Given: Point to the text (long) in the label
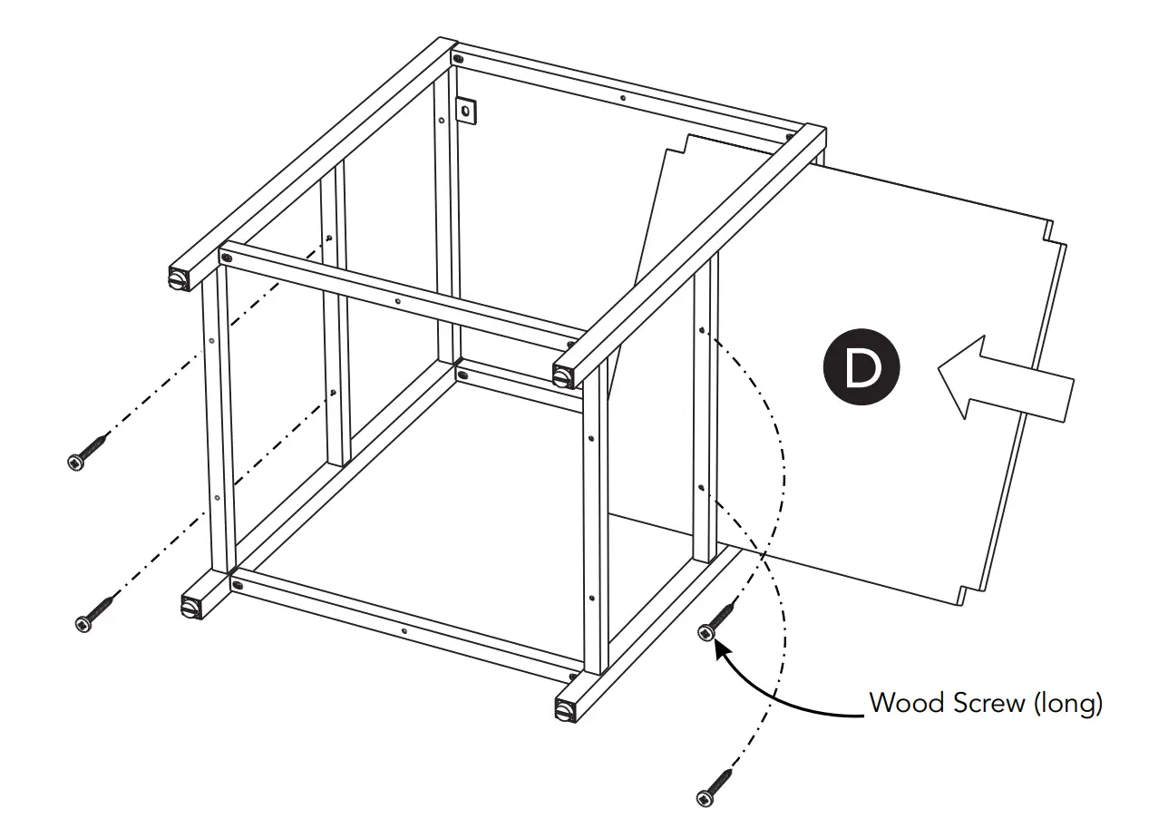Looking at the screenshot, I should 1067,703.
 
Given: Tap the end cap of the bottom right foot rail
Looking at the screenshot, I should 565,708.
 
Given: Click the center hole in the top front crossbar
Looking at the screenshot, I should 399,300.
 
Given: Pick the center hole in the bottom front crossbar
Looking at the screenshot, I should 404,628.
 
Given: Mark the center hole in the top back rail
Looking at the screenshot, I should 622,96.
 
